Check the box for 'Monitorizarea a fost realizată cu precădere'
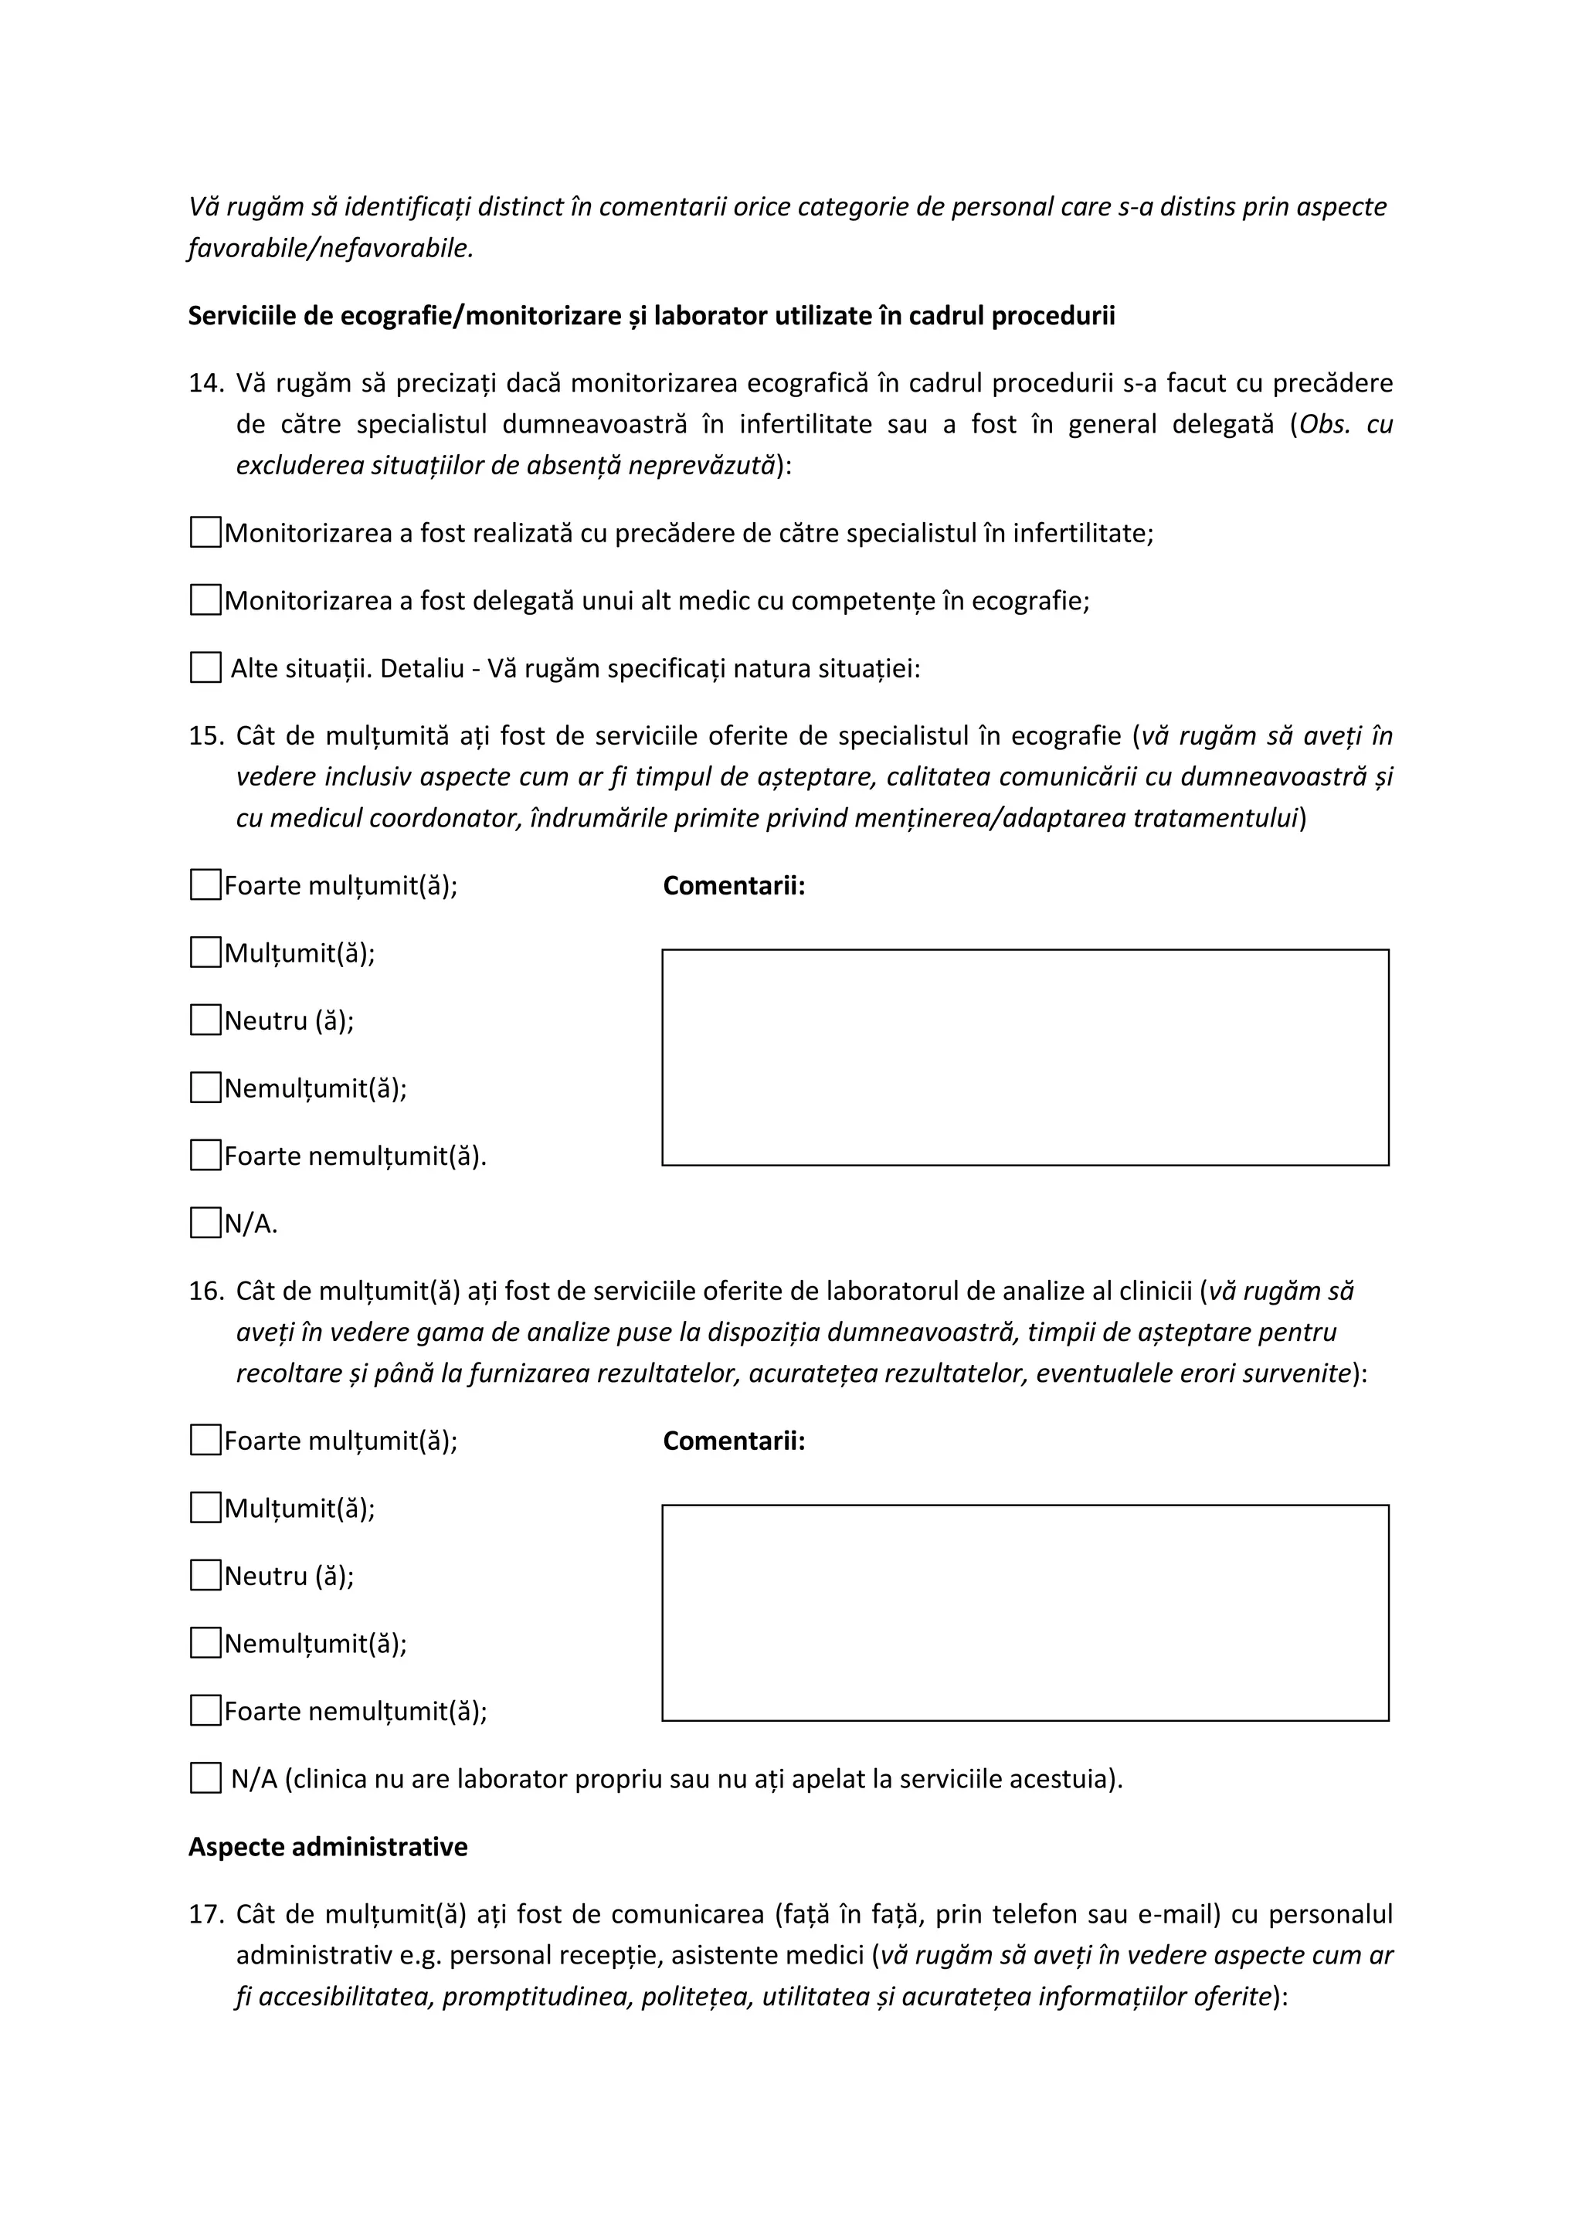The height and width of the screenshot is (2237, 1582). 205,533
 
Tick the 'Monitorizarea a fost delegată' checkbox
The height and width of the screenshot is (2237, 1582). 205,600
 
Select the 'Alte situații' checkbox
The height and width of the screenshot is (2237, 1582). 205,668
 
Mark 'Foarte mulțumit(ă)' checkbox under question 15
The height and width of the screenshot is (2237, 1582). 205,886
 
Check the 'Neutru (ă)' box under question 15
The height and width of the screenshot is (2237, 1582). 205,1020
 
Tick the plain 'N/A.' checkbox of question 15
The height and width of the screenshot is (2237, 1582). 205,1223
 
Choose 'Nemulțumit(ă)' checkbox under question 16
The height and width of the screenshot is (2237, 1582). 205,1644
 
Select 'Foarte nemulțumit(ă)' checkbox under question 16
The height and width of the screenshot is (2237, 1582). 205,1711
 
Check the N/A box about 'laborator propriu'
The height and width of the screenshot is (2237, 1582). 205,1778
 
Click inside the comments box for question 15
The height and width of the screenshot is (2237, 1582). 1025,1057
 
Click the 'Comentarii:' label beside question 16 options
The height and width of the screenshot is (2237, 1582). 734,1441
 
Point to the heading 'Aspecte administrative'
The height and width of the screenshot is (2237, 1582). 328,1847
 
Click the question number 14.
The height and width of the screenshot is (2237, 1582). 205,383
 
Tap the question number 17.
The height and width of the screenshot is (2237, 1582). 205,1915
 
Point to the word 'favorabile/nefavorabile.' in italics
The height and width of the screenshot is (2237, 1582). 331,249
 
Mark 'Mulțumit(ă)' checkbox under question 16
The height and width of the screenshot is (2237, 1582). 205,1509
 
